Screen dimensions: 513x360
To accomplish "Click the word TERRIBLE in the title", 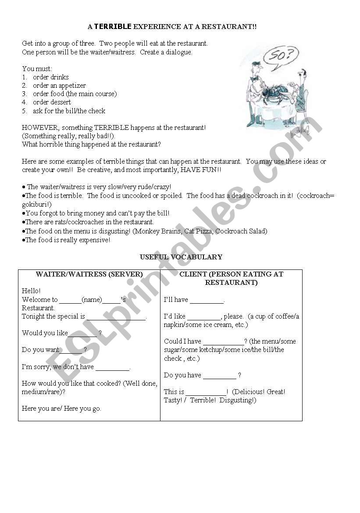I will click(113, 26).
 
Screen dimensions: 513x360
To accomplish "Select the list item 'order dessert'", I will click(52, 102).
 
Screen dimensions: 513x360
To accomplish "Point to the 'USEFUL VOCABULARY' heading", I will click(181, 257).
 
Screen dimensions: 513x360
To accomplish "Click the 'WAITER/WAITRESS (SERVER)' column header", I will click(89, 274).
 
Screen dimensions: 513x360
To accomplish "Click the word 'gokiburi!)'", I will click(36, 204).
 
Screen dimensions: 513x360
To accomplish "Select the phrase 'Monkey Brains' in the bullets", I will click(155, 231).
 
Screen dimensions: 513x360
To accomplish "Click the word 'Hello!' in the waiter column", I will click(31, 291).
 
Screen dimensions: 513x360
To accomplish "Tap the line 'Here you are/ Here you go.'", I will click(61, 409).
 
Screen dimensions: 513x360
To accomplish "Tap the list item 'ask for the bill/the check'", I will click(69, 111).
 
